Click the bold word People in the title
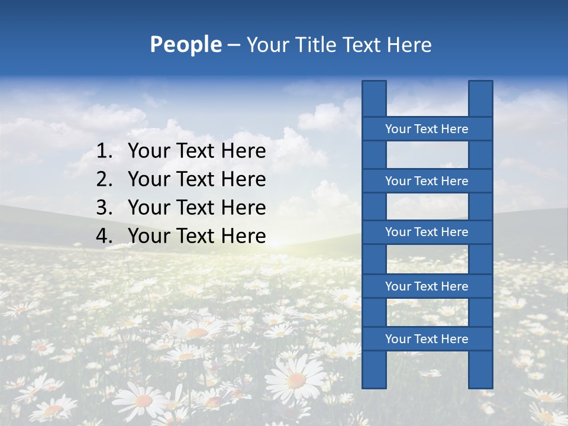tap(185, 45)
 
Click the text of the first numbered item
tap(197, 151)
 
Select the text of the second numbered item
tap(197, 179)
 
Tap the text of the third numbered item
tap(197, 208)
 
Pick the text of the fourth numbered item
tap(197, 236)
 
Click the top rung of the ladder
tap(427, 129)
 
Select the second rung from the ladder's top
tap(427, 181)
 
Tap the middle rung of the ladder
tap(427, 233)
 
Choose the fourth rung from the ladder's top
tap(427, 286)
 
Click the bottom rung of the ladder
tap(427, 339)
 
